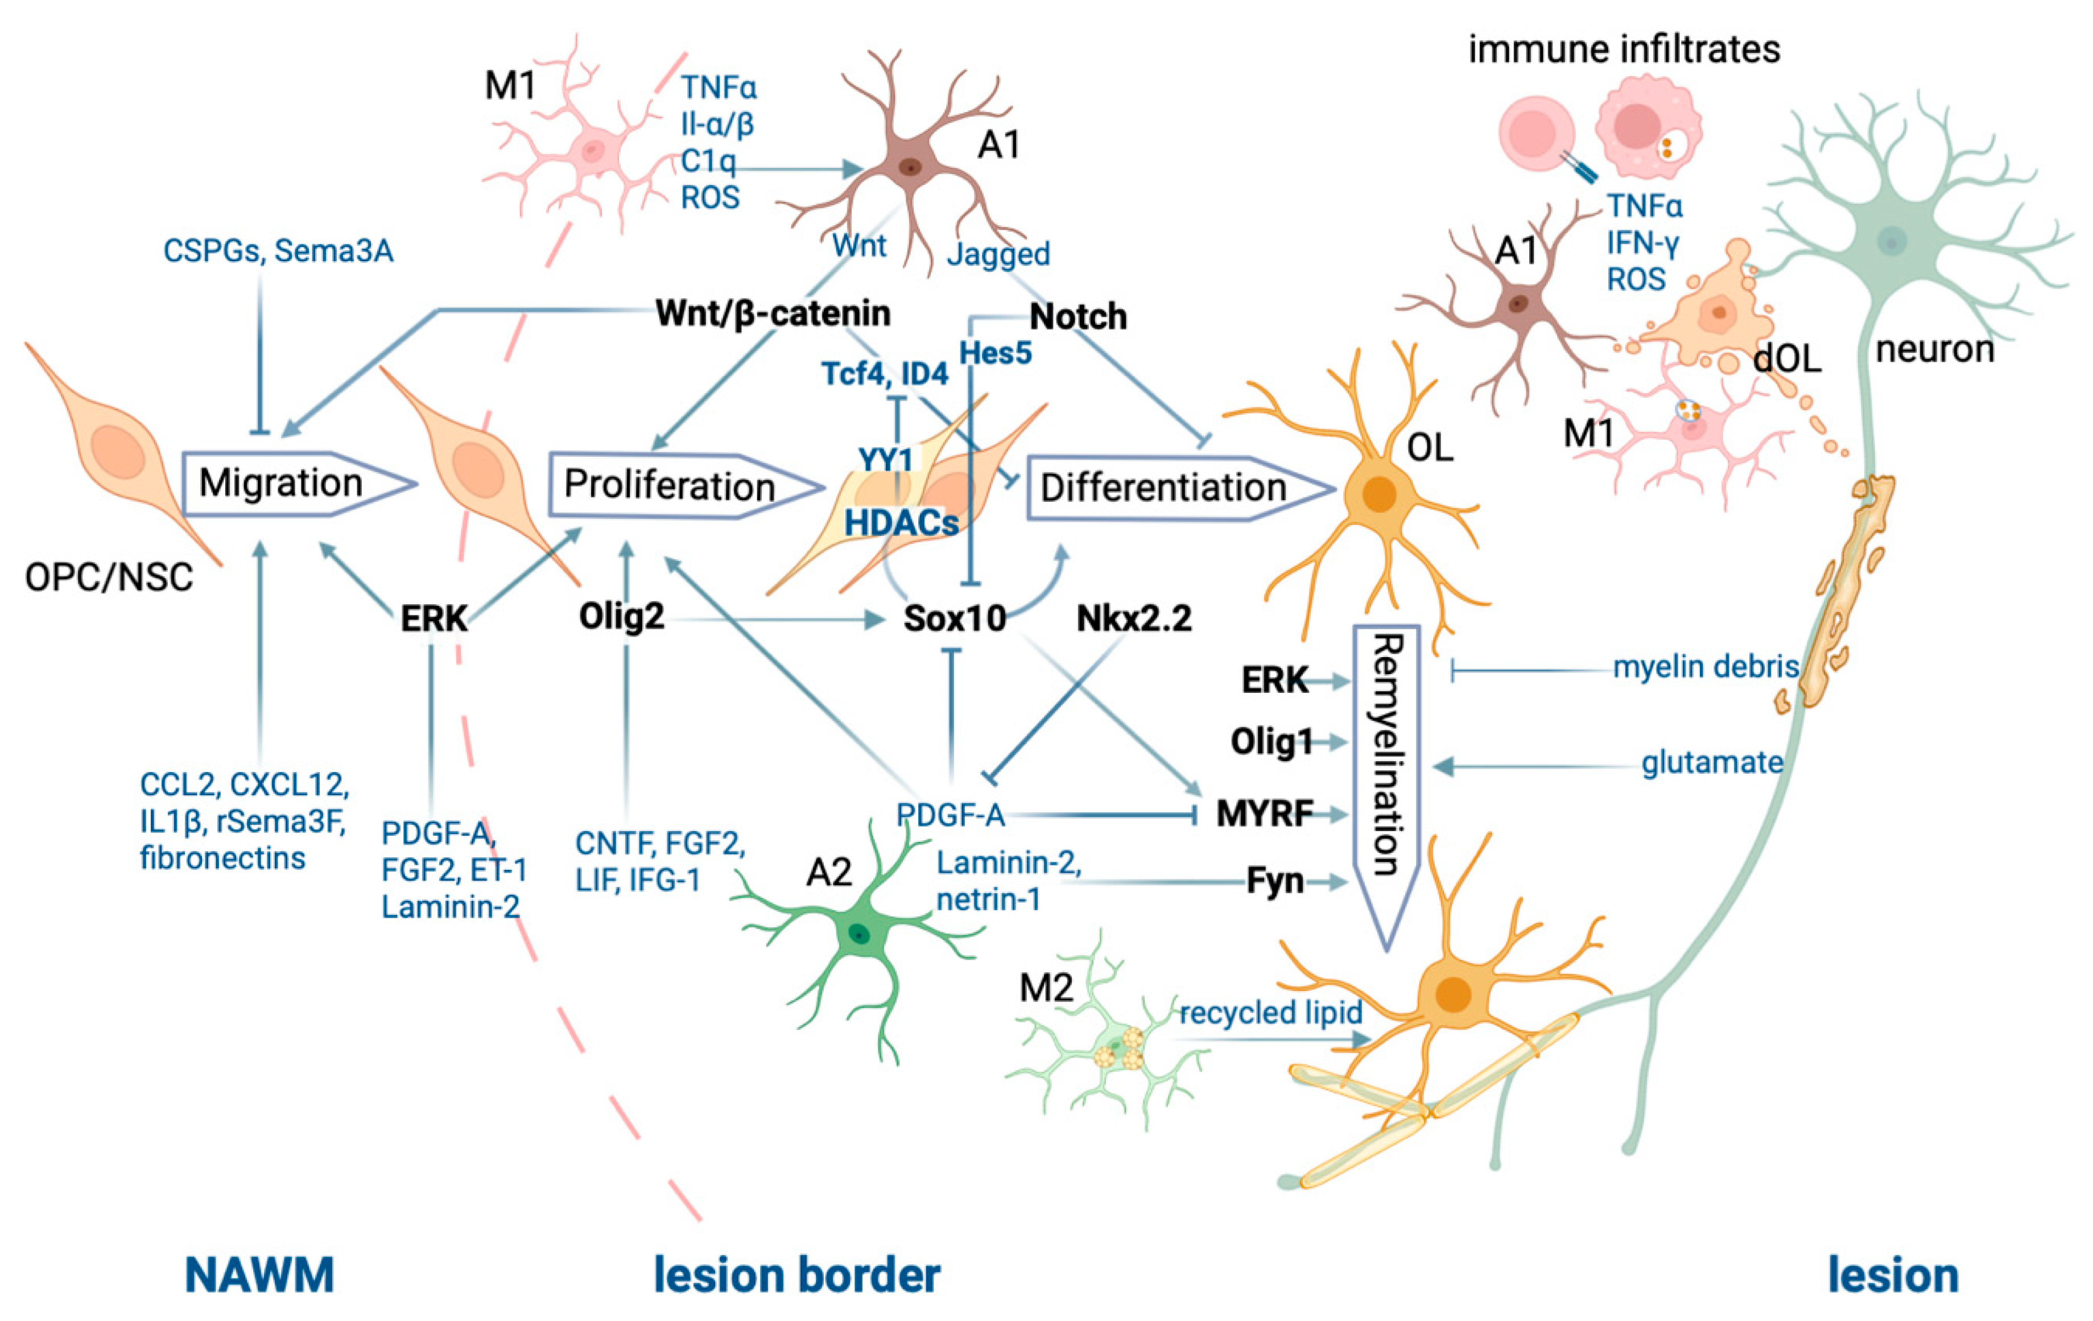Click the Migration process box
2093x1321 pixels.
point(283,483)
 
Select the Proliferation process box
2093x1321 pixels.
point(669,486)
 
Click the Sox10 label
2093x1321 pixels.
point(955,619)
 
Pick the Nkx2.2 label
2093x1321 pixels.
point(1133,619)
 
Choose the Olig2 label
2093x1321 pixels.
point(621,617)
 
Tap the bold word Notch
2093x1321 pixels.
point(1078,317)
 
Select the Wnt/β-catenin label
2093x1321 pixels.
point(773,313)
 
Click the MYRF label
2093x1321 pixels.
point(1264,814)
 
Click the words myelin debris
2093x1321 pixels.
point(1706,667)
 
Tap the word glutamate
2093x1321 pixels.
point(1711,763)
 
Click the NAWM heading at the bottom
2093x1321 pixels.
point(259,1275)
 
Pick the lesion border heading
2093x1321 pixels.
point(796,1275)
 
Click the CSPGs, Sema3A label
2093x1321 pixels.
point(278,251)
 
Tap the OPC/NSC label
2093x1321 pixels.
point(109,577)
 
